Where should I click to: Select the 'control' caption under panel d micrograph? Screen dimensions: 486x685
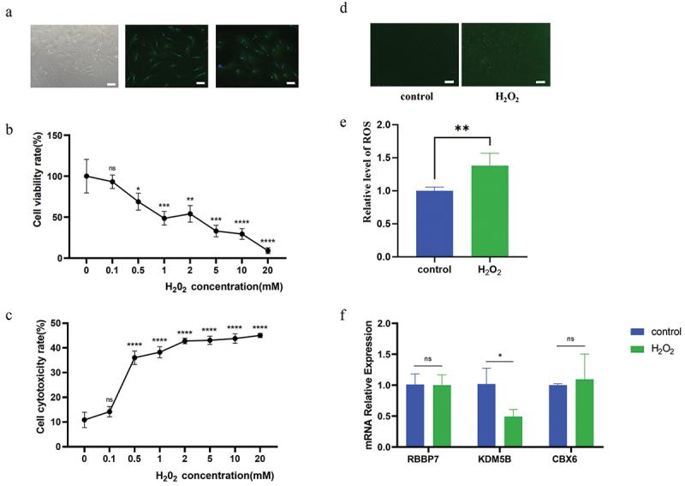coord(414,98)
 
